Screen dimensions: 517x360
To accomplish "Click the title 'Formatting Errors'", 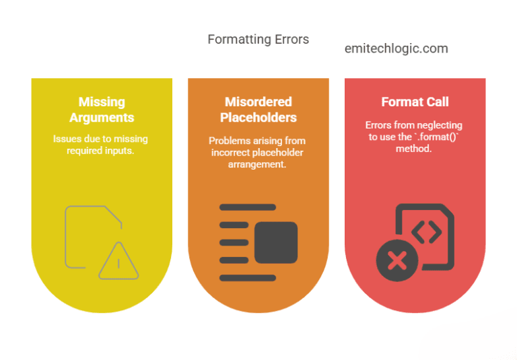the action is point(258,39).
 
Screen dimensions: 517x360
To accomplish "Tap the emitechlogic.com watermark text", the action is point(397,48).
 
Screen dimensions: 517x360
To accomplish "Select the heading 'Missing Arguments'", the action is point(102,110).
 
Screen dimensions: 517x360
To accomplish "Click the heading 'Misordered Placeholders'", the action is point(258,110).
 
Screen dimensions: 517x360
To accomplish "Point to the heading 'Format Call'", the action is point(415,102).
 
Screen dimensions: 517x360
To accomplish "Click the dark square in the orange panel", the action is point(276,242).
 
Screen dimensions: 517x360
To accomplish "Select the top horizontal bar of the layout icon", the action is point(248,207).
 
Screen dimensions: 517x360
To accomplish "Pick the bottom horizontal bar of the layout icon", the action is point(248,278).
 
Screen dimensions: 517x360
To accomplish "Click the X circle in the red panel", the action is point(397,260).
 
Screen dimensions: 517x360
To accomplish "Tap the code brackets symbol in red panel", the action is point(426,232).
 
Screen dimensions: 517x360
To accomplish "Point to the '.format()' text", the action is point(436,137).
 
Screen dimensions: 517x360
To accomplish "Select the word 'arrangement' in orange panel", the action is point(257,164).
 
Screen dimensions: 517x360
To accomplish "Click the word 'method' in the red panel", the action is point(413,149).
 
